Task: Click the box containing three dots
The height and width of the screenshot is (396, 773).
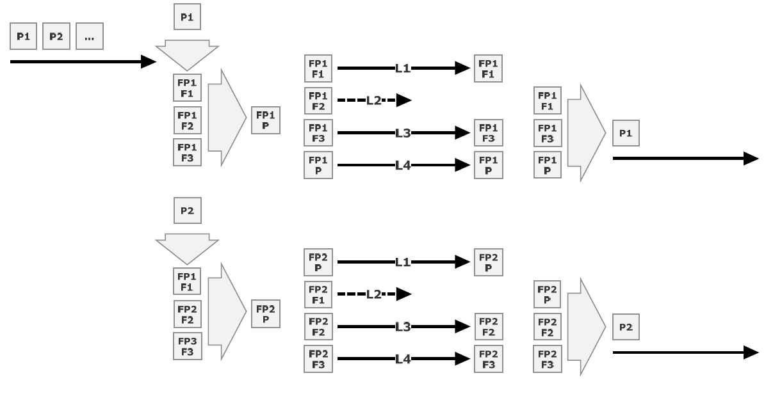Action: tap(89, 37)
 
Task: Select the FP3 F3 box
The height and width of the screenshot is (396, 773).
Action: tap(187, 347)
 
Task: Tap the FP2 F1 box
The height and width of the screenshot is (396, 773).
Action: tap(318, 294)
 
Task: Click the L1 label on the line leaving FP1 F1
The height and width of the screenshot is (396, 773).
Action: tap(403, 68)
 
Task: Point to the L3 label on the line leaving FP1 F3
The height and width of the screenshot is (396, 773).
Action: tap(403, 133)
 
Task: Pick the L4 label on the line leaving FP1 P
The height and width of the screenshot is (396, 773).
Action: tap(403, 166)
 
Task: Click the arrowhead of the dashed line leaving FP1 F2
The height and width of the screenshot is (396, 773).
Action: tap(403, 100)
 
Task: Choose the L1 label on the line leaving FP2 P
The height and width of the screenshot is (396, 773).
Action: tap(403, 262)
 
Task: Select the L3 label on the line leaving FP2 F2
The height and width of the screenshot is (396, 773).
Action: tap(403, 327)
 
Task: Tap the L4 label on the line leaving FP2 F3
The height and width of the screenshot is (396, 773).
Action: tap(403, 360)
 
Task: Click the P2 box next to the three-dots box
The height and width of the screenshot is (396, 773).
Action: tap(56, 37)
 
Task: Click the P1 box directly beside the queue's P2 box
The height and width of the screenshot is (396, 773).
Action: tap(24, 37)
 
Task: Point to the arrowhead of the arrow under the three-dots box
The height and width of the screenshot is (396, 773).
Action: tap(149, 61)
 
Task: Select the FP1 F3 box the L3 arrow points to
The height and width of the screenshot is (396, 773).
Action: tap(487, 133)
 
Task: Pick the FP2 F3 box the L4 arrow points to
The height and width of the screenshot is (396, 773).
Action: tap(487, 360)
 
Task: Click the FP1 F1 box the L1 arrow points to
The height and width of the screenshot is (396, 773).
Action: tap(487, 68)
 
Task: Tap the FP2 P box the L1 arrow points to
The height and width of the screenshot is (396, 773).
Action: tap(487, 262)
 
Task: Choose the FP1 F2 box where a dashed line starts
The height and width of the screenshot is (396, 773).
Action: tap(318, 100)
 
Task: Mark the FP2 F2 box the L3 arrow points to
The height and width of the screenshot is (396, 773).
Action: tap(487, 327)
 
